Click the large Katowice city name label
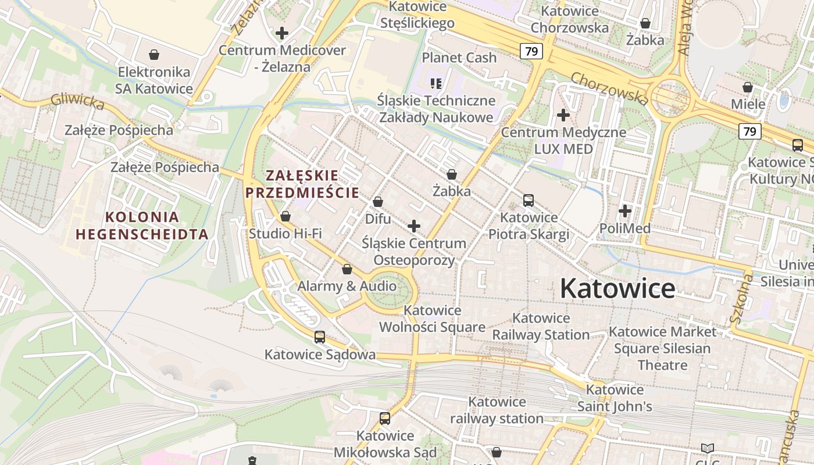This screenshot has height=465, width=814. click(617, 289)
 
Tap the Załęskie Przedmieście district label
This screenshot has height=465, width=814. click(302, 184)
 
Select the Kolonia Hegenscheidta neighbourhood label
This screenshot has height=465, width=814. click(142, 226)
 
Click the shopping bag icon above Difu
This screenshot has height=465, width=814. click(378, 202)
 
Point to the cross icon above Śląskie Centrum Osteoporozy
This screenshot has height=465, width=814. click(414, 226)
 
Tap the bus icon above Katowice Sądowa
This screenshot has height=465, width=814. click(319, 337)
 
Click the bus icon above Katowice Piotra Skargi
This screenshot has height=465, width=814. click(529, 201)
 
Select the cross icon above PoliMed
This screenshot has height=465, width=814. click(625, 211)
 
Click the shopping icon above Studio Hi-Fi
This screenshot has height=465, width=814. click(285, 216)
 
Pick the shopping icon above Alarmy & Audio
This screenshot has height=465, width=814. click(347, 269)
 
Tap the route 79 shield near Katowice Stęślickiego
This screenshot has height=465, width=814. click(531, 51)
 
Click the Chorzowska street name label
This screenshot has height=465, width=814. click(609, 88)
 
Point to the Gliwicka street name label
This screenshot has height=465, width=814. click(77, 101)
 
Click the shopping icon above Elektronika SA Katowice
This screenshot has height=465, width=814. click(154, 55)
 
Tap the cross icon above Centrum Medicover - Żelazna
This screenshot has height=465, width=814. click(282, 33)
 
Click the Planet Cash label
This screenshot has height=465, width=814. click(459, 58)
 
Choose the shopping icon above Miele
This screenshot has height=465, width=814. click(748, 87)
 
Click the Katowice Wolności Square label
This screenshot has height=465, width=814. click(432, 319)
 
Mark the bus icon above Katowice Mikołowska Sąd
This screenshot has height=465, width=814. click(384, 418)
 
